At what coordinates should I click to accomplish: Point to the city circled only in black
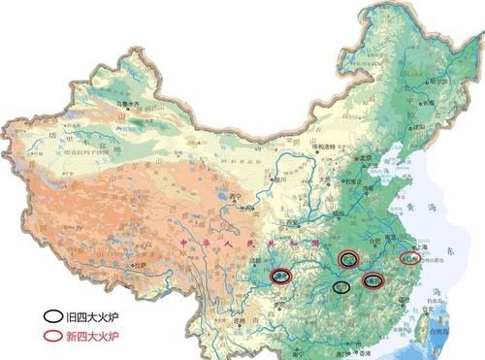coord(340,287)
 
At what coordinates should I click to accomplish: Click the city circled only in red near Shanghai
coord(412,259)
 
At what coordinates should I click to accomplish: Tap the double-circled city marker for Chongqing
coord(281,276)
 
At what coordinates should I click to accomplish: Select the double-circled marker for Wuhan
coord(348,258)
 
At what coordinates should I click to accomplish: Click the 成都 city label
coord(254,261)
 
